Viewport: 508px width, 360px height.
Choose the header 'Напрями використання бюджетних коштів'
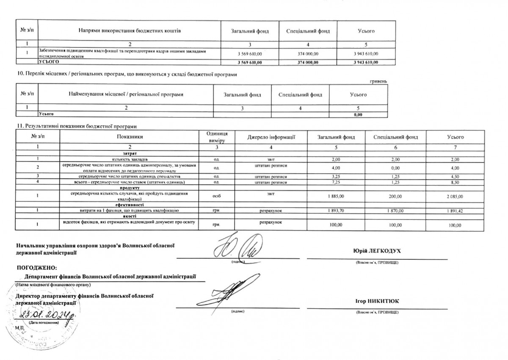point(130,31)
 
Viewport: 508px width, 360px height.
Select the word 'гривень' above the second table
point(378,81)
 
